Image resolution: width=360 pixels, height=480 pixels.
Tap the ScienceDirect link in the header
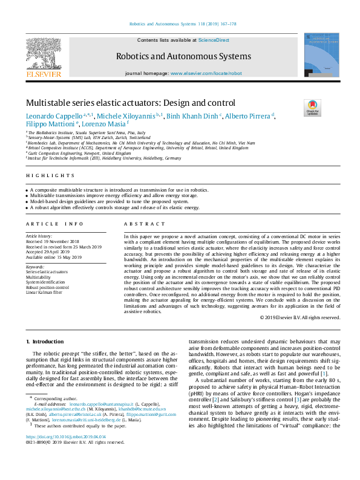coord(214,39)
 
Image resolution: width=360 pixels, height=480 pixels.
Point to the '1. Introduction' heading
coord(43,342)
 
